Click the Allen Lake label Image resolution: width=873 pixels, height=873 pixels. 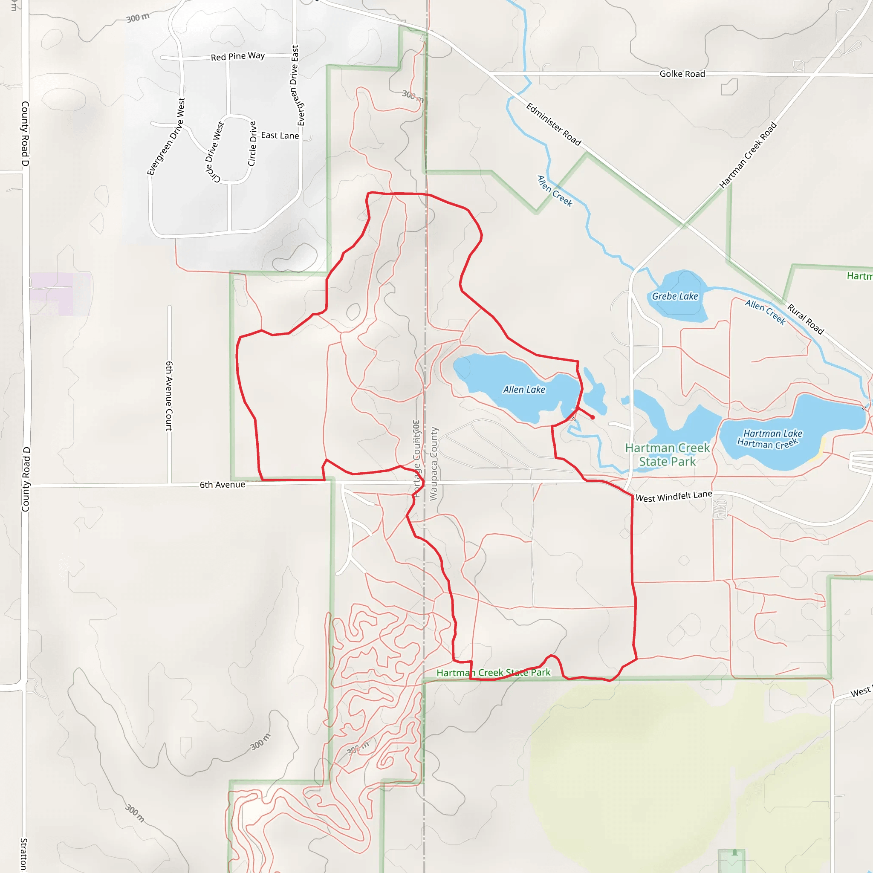point(524,390)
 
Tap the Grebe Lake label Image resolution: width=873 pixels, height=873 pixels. point(675,296)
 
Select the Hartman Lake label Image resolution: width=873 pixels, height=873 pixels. point(773,434)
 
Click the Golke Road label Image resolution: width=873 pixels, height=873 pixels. point(682,74)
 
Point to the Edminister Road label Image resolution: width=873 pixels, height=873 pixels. point(554,124)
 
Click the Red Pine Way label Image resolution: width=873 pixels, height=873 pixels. point(238,57)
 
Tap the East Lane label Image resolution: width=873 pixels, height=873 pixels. point(280,135)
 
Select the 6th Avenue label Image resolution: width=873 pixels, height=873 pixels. point(223,485)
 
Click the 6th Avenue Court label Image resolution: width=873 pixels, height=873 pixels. point(169,396)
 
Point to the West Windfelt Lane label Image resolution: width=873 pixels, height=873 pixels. point(674,497)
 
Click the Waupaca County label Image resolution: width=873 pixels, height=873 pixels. point(434,464)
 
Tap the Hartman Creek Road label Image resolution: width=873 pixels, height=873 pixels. point(748,155)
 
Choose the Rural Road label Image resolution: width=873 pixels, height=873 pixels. point(806,319)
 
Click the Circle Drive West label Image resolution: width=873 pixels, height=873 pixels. point(214,152)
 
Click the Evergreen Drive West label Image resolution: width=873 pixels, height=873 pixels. point(166,136)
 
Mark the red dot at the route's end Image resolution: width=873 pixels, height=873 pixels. point(593,417)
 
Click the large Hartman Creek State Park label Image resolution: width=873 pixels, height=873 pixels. point(668,454)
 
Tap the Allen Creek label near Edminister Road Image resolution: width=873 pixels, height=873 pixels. point(555,191)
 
